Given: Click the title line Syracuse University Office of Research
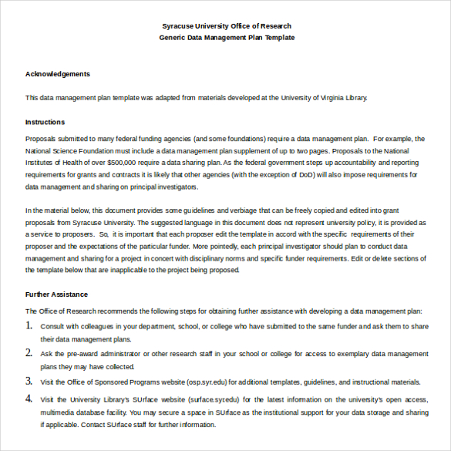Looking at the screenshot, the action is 226,25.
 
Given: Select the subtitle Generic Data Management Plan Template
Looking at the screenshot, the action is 226,37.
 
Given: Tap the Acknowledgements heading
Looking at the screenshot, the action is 58,74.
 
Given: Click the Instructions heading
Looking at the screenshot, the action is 45,122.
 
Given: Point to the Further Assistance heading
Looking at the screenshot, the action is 56,294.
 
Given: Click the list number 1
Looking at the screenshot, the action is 29,326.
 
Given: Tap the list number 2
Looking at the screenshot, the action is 29,353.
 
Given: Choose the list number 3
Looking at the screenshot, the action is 29,381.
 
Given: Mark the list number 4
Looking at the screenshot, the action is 29,399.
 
